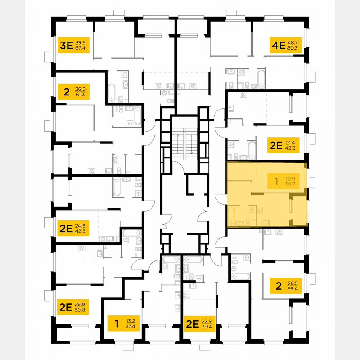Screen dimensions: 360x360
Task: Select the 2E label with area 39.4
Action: [200, 323]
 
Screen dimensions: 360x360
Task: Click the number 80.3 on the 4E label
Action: [293, 48]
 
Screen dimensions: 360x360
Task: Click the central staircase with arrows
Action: [183, 144]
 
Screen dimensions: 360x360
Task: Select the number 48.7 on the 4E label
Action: [293, 42]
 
